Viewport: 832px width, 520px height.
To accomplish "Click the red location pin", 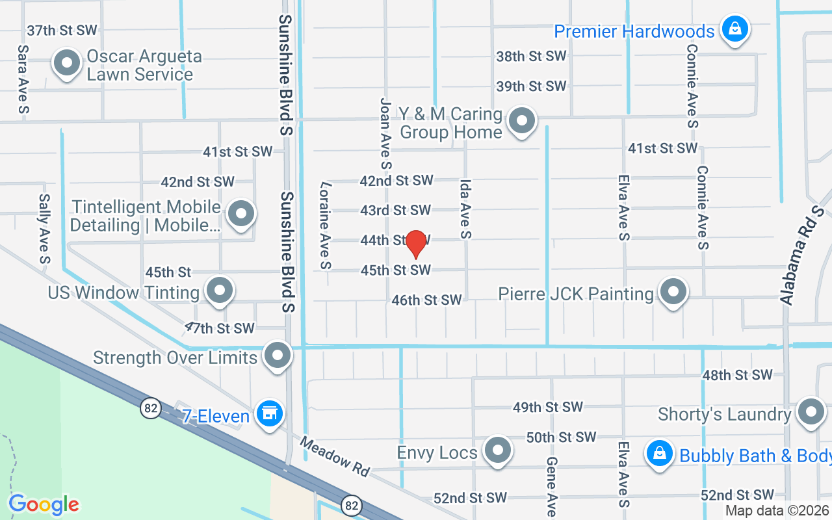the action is [415, 244].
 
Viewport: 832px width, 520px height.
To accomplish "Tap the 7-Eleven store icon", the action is [268, 413].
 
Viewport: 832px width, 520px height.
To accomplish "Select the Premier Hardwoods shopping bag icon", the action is [734, 29].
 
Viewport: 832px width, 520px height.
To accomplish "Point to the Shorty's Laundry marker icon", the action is [811, 411].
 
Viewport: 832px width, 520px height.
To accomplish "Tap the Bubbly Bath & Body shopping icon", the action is [660, 453].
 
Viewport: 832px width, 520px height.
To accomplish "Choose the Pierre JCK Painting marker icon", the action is [673, 291].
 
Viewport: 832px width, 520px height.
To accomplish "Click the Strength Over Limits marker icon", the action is [278, 356].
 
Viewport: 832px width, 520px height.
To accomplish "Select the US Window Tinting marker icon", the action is [219, 290].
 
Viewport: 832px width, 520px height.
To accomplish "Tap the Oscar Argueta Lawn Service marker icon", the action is [66, 64].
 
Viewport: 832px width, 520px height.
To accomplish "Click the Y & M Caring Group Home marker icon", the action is [521, 120].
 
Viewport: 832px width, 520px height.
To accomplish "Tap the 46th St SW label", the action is [426, 300].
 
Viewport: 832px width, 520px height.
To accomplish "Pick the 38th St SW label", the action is [531, 57].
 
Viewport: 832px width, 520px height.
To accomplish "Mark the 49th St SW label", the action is [547, 408].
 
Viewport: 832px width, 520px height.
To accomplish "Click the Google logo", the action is [44, 504].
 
